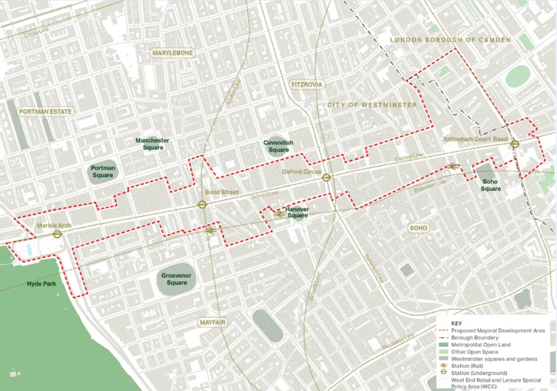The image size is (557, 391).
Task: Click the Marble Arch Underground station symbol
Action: pyautogui.click(x=57, y=234)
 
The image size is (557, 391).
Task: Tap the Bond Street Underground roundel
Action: pyautogui.click(x=202, y=205)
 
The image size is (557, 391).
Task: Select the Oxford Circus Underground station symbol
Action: pyautogui.click(x=326, y=177)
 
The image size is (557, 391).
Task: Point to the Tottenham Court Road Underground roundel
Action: pyautogui.click(x=514, y=144)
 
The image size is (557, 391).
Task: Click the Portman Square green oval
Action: pyautogui.click(x=103, y=172)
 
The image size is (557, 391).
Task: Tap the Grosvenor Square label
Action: pyautogui.click(x=177, y=279)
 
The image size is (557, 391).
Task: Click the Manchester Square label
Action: pyautogui.click(x=152, y=144)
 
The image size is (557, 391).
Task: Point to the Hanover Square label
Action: pyautogui.click(x=298, y=213)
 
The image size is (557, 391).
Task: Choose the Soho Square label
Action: pyautogui.click(x=491, y=185)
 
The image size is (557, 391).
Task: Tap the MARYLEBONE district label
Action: pyautogui.click(x=173, y=53)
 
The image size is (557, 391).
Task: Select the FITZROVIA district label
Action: pyautogui.click(x=306, y=85)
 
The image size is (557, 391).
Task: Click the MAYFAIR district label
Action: pyautogui.click(x=213, y=322)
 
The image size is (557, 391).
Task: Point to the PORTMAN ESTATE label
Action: pyautogui.click(x=45, y=112)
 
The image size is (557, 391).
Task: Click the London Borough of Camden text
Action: pyautogui.click(x=450, y=40)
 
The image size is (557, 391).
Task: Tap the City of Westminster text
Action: pyautogui.click(x=372, y=105)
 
